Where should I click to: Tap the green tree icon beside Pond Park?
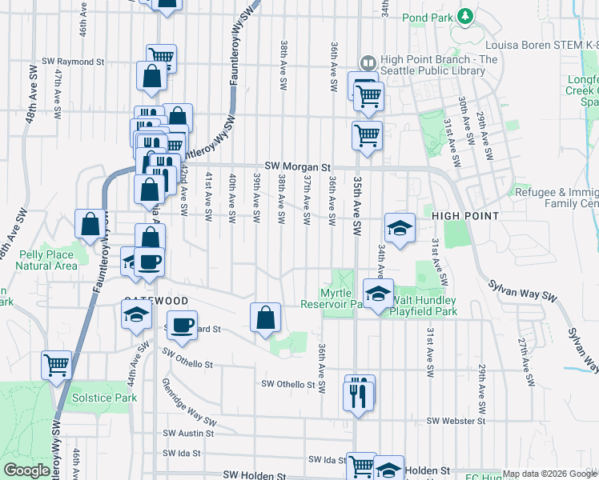tap(464, 16)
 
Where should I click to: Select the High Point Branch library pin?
tap(368, 62)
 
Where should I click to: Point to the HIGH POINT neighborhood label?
tap(465, 217)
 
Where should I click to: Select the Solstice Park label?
tap(103, 398)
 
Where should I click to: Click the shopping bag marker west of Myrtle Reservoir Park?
tap(266, 318)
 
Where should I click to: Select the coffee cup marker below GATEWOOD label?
tap(183, 324)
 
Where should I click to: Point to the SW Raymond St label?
tap(73, 61)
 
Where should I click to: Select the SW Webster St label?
tap(456, 421)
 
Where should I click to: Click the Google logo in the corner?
tap(26, 470)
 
